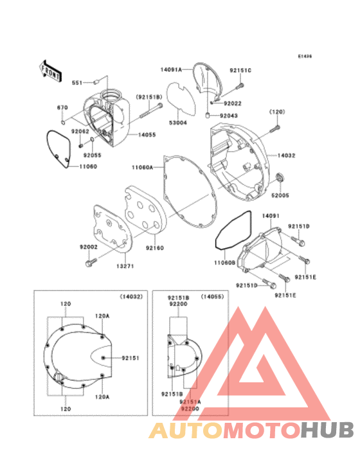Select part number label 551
pos(77,82)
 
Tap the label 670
pos(63,107)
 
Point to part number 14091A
pos(171,68)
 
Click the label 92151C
pos(240,71)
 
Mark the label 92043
pos(230,116)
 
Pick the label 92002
pos(89,247)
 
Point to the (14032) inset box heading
pos(132,296)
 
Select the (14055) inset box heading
pos(211,296)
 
